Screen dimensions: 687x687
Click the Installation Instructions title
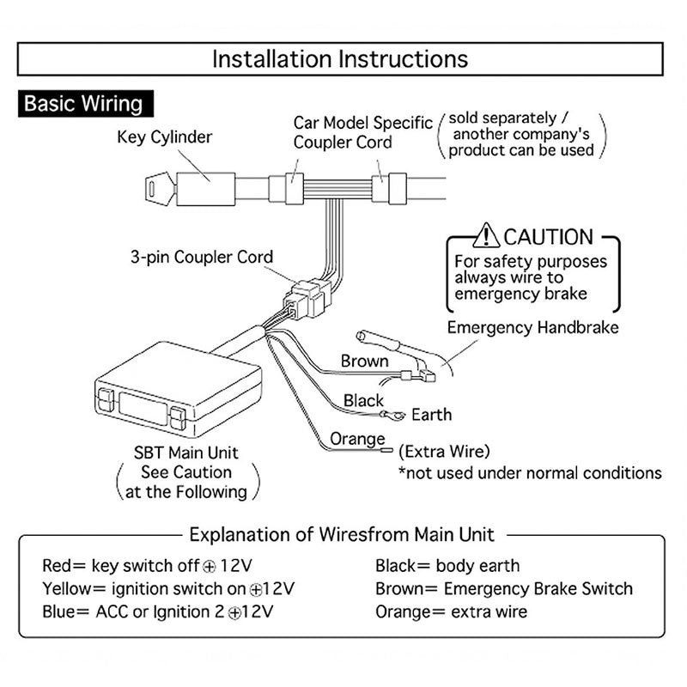(340, 59)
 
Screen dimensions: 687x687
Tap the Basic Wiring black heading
(83, 105)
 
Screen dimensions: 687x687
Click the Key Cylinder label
(164, 137)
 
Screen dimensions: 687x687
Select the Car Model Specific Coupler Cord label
(362, 132)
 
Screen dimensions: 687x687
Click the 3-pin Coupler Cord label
(202, 257)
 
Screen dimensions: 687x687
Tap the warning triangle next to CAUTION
(486, 235)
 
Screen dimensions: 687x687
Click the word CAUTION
(548, 236)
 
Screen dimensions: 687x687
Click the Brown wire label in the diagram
(365, 361)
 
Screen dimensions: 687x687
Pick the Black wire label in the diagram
(364, 400)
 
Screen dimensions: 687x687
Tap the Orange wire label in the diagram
(358, 440)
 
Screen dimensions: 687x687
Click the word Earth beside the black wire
(431, 415)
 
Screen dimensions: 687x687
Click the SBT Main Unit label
(185, 453)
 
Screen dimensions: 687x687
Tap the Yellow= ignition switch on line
(167, 589)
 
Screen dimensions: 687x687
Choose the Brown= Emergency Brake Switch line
(503, 589)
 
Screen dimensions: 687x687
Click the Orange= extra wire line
(451, 612)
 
